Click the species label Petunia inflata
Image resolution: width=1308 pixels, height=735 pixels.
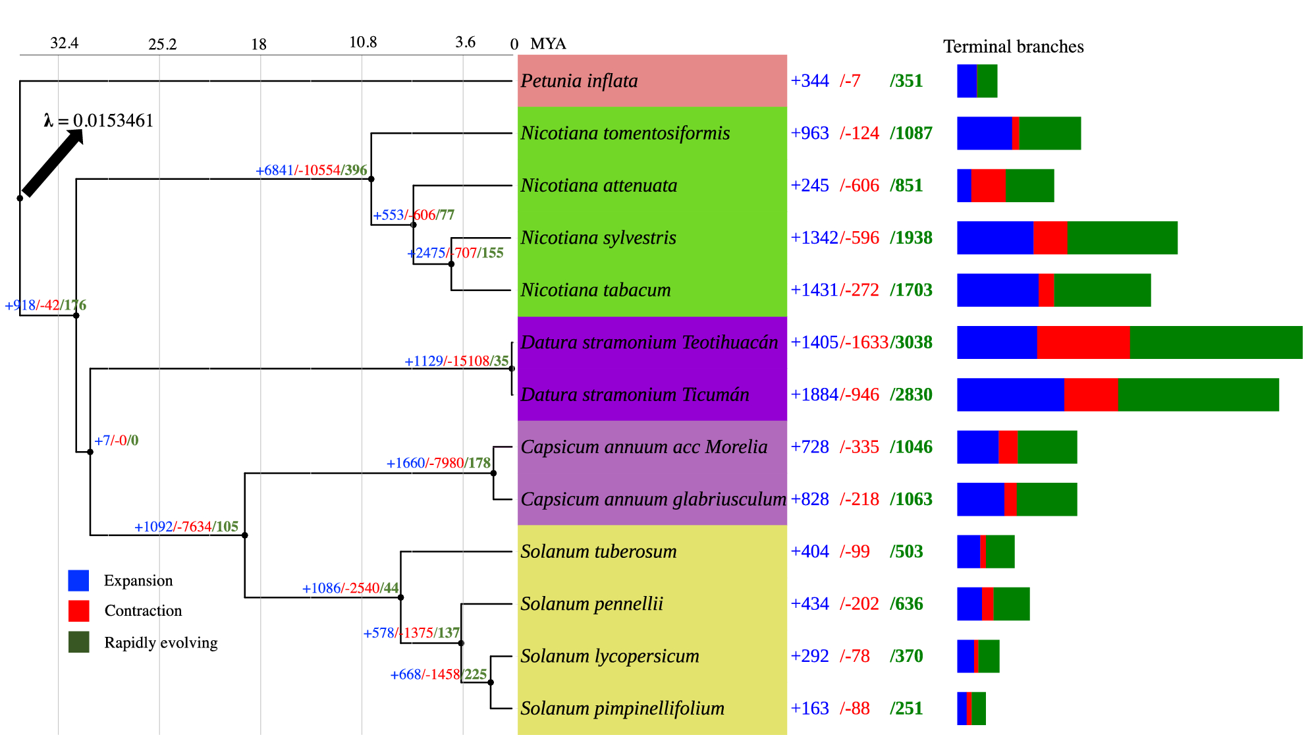click(x=579, y=81)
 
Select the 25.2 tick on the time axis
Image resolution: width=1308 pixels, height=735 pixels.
click(x=162, y=44)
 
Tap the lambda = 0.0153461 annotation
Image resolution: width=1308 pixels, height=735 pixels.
click(x=99, y=121)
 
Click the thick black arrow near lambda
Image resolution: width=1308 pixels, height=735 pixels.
click(x=53, y=163)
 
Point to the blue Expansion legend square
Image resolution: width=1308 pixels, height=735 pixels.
click(x=78, y=580)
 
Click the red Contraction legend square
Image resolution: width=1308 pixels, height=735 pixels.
click(x=78, y=611)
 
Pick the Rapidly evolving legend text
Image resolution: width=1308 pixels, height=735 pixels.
click(x=161, y=642)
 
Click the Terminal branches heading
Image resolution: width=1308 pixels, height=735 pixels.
click(x=1013, y=47)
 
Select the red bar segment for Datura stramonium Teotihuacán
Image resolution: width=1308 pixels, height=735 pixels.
click(x=1083, y=342)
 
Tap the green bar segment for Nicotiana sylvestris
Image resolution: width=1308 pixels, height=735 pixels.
click(x=1122, y=238)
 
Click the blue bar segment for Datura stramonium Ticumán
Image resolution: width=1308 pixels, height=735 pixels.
click(x=1010, y=395)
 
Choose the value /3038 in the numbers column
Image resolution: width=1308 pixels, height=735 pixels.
click(x=912, y=342)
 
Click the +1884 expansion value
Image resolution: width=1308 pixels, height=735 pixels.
click(x=815, y=395)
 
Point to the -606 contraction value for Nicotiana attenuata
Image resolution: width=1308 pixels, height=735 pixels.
click(x=860, y=186)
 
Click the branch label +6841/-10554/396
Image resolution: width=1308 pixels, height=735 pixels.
click(x=311, y=170)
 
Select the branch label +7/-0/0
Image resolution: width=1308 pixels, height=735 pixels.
click(x=116, y=440)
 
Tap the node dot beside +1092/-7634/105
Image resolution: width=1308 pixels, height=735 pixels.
click(x=245, y=535)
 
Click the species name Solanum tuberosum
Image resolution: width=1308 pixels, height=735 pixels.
click(x=598, y=551)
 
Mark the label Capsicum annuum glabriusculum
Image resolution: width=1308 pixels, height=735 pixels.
click(x=653, y=499)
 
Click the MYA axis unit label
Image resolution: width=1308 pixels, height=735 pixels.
click(x=548, y=44)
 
